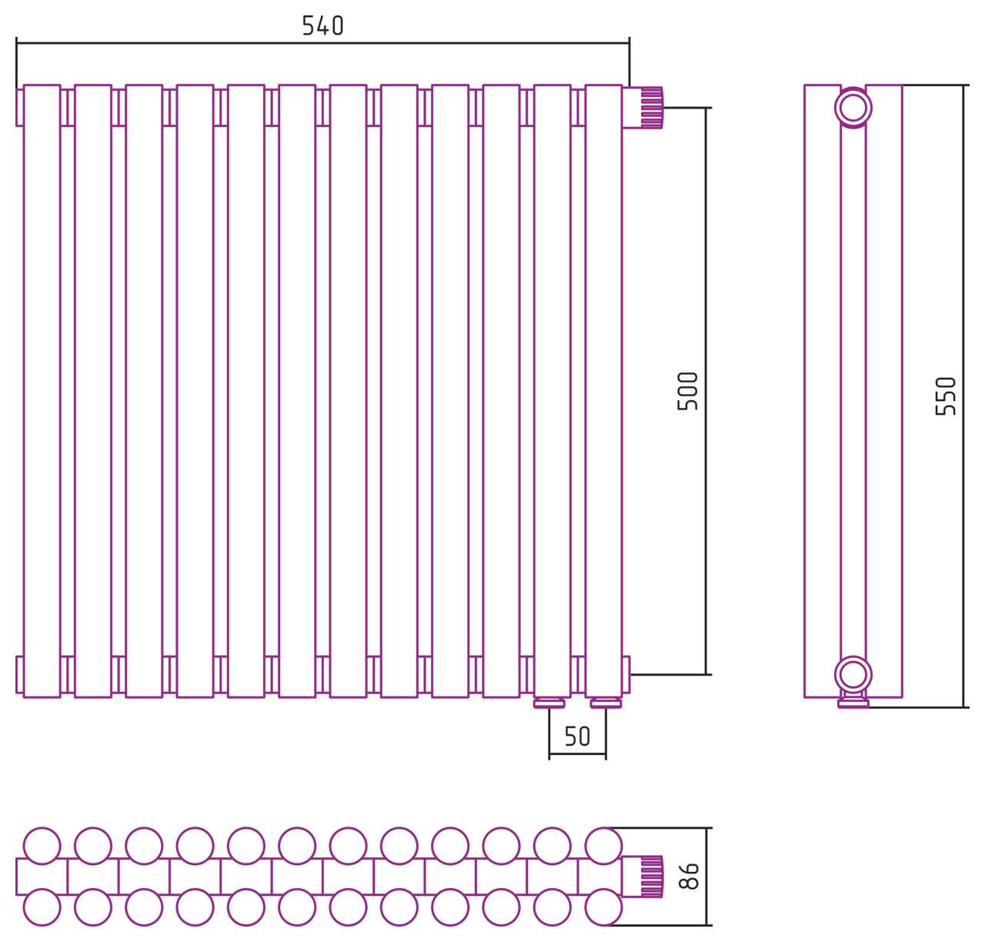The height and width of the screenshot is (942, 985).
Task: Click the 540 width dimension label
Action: (x=323, y=25)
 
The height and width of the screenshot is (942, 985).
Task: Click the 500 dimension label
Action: (x=688, y=391)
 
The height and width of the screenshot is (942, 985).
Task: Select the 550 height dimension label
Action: (x=946, y=396)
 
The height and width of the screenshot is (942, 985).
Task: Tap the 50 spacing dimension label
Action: (x=578, y=736)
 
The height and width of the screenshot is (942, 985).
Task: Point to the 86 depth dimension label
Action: (x=689, y=876)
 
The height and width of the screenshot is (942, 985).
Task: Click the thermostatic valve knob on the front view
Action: (x=652, y=107)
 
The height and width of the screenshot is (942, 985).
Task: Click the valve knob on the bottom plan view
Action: (x=652, y=877)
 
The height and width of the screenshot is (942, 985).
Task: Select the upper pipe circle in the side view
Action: (x=853, y=108)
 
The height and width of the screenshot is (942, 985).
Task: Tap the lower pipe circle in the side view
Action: (x=853, y=675)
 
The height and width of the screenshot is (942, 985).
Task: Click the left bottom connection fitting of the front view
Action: (x=549, y=703)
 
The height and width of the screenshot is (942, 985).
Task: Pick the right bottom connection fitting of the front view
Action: (x=606, y=703)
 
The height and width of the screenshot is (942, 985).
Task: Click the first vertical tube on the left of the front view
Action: (x=42, y=391)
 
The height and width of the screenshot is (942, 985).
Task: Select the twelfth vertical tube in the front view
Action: (x=603, y=391)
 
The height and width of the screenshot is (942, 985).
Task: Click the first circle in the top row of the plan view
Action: (x=42, y=846)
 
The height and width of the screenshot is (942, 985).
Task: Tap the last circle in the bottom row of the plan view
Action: (x=603, y=907)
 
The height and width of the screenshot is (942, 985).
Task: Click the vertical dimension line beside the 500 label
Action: (x=706, y=391)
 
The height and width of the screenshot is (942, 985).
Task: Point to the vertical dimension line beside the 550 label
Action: (x=963, y=396)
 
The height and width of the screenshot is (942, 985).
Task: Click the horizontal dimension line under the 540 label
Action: (x=323, y=43)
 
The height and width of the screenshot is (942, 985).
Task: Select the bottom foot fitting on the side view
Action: (x=853, y=702)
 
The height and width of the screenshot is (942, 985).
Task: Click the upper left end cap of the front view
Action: (x=20, y=107)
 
